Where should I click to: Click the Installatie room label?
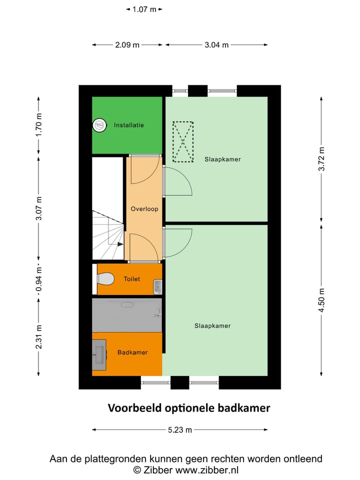pyautogui.click(x=128, y=125)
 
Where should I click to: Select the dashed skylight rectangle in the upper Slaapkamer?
pyautogui.click(x=183, y=142)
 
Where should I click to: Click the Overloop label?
pyautogui.click(x=144, y=209)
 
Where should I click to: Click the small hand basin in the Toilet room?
pyautogui.click(x=157, y=287)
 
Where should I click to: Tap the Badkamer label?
pyautogui.click(x=132, y=352)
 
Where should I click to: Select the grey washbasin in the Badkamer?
pyautogui.click(x=99, y=354)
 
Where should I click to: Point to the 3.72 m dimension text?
pyautogui.click(x=322, y=159)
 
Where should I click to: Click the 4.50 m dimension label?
pyautogui.click(x=322, y=300)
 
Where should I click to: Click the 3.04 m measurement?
pyautogui.click(x=216, y=44)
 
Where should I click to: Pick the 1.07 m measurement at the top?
pyautogui.click(x=144, y=9)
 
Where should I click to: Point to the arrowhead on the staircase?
pyautogui.click(x=120, y=244)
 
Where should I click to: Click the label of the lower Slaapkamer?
pyautogui.click(x=212, y=325)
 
